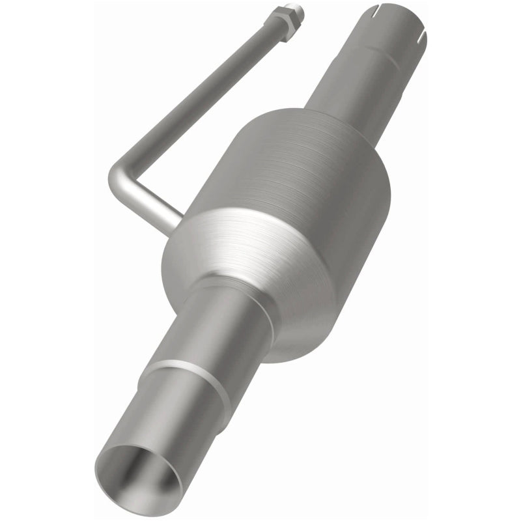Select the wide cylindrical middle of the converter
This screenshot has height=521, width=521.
click(x=306, y=176)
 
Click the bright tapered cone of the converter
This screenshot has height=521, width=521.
click(x=260, y=260)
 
